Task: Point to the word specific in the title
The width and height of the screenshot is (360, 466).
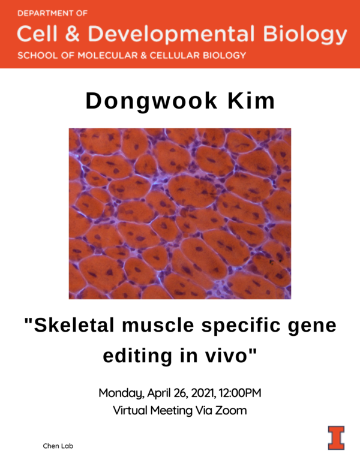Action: (x=242, y=327)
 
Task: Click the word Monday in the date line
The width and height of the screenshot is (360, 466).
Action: (x=120, y=394)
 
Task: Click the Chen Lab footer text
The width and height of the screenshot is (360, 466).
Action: (x=58, y=446)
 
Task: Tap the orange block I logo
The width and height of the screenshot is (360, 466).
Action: (x=336, y=437)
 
